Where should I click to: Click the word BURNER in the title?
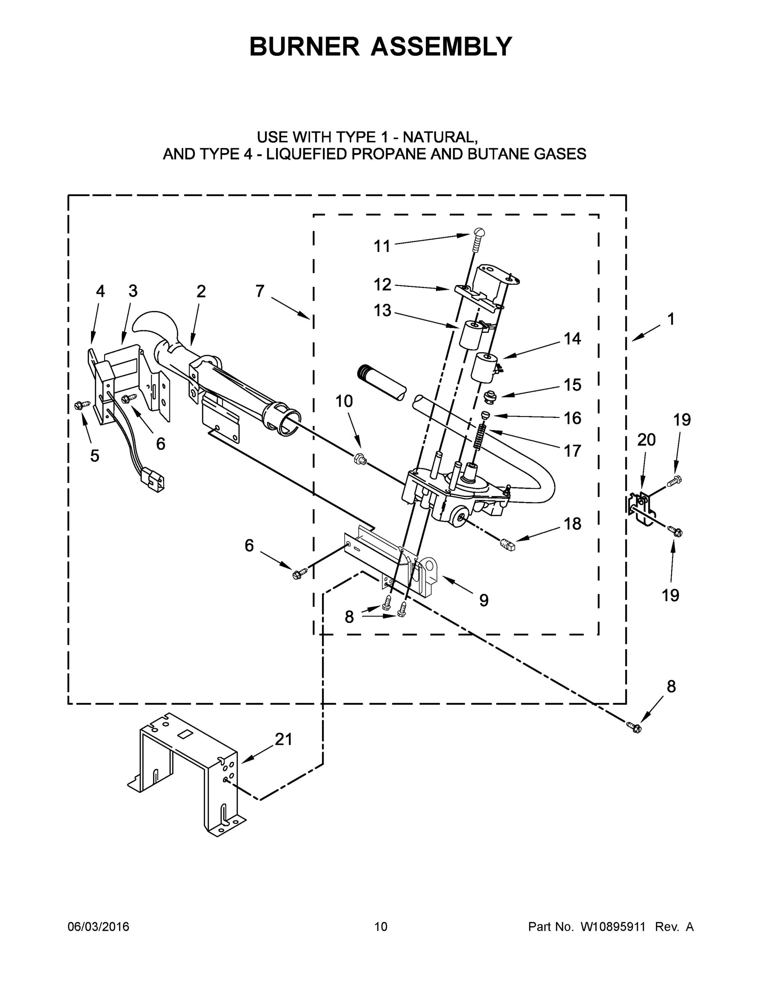[305, 46]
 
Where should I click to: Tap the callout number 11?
[382, 246]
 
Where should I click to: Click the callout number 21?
[283, 739]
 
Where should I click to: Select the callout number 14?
[573, 338]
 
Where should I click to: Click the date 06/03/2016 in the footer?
[98, 926]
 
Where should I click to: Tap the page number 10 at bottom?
[381, 926]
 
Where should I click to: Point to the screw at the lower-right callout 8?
[633, 726]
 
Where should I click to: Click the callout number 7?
[260, 291]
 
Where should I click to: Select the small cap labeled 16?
[486, 415]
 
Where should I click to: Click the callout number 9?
[483, 600]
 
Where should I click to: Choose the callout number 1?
[671, 319]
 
